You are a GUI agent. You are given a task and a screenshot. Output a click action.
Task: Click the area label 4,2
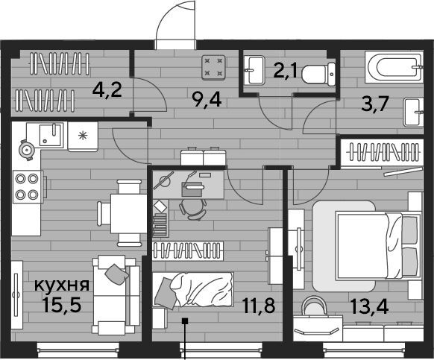(x=107, y=90)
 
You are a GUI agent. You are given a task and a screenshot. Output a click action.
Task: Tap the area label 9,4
(x=207, y=100)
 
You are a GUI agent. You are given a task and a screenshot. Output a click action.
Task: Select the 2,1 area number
(x=286, y=71)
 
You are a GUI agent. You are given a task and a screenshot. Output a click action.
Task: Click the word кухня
(x=62, y=285)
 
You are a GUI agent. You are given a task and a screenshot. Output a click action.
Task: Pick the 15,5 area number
(x=62, y=304)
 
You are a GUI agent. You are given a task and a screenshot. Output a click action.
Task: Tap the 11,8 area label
(x=259, y=306)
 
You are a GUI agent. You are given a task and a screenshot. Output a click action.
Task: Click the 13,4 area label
(x=370, y=306)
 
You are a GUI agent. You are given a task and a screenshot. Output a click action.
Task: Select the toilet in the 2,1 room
(x=318, y=74)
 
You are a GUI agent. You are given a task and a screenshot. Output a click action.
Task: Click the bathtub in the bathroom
(x=394, y=66)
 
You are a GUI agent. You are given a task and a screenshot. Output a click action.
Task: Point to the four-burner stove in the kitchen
(x=28, y=187)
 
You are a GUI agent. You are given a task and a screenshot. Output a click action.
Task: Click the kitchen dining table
(x=128, y=213)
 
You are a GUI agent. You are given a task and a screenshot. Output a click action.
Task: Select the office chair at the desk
(x=193, y=208)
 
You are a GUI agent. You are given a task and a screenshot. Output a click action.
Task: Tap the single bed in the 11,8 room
(x=193, y=289)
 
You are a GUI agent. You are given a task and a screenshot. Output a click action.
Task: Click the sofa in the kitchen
(x=116, y=295)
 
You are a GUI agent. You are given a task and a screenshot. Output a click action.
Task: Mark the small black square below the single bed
(x=185, y=321)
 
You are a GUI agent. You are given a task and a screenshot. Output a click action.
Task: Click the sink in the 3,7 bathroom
(x=414, y=113)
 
